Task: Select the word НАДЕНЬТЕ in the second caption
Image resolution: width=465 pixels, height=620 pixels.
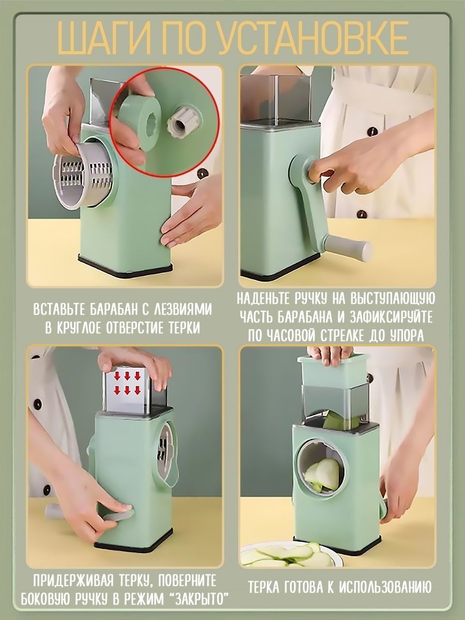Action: point(266,299)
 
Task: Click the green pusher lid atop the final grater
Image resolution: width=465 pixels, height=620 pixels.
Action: point(332,370)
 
